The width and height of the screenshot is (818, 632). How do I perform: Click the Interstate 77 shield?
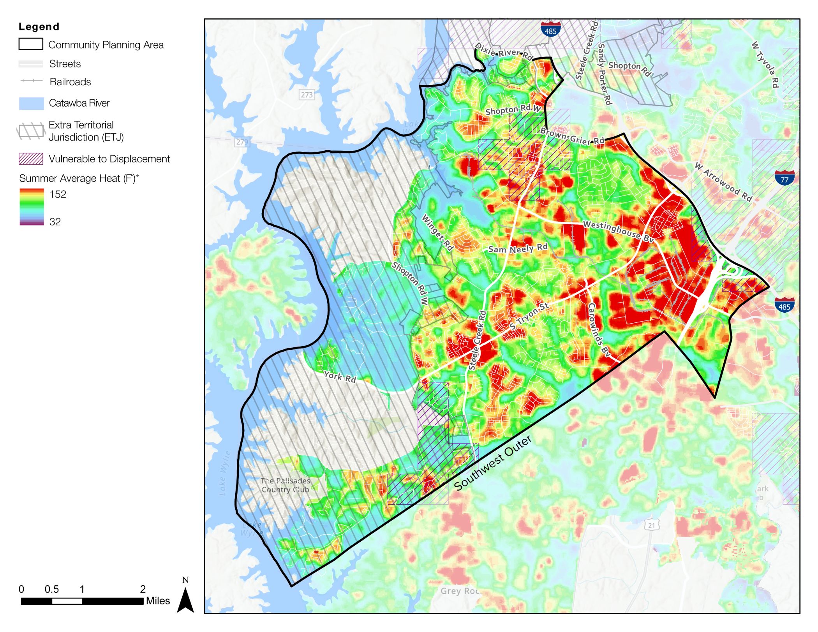tap(784, 178)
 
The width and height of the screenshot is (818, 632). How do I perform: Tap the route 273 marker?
tap(307, 95)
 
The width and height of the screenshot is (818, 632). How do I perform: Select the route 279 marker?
tap(242, 142)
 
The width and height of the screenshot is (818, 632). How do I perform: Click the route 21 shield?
tap(651, 525)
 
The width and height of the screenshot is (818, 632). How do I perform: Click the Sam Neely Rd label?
tap(518, 248)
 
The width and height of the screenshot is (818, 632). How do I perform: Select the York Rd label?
tap(340, 377)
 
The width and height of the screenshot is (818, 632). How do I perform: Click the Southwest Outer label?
tap(492, 463)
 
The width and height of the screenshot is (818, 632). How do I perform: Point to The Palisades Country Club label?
tap(285, 485)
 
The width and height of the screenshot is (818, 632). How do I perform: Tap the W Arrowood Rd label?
tap(723, 182)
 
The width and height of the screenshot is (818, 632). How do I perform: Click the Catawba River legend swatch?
tap(31, 103)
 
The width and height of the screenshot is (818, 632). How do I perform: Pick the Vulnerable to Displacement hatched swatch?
tap(31, 159)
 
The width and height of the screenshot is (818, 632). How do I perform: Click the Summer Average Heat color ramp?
tap(32, 207)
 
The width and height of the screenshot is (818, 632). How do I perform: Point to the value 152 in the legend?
tap(58, 194)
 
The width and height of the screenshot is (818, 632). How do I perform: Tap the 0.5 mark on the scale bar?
tap(51, 589)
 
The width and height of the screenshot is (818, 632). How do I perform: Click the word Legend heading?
tap(39, 26)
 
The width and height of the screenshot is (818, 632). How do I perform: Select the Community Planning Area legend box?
tap(31, 44)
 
